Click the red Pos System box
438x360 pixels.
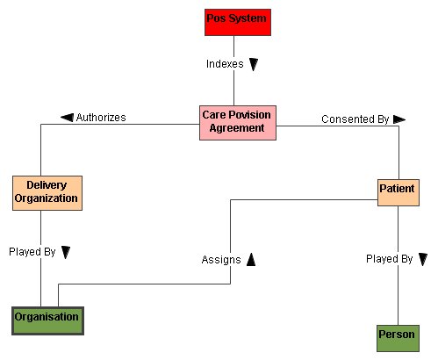click(238, 22)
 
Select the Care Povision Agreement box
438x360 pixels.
click(238, 123)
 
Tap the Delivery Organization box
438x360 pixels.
click(47, 193)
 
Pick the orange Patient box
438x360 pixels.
click(399, 192)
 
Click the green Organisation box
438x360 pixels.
click(47, 320)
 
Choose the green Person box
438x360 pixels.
click(398, 338)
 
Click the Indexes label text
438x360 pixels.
click(225, 64)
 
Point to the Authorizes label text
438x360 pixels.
click(101, 118)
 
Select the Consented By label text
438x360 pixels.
click(355, 119)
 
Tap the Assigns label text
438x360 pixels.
click(221, 260)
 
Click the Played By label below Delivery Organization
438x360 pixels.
click(32, 252)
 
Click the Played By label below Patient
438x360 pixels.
click(390, 259)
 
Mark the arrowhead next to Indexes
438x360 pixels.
click(254, 64)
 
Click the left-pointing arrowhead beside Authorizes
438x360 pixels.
click(67, 118)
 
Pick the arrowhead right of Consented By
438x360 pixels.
click(399, 119)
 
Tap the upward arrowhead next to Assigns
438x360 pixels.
click(251, 260)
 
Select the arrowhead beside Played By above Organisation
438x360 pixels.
click(66, 252)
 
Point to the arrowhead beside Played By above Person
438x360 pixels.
click(423, 259)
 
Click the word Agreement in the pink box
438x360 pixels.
click(237, 128)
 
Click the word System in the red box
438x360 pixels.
click(248, 18)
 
